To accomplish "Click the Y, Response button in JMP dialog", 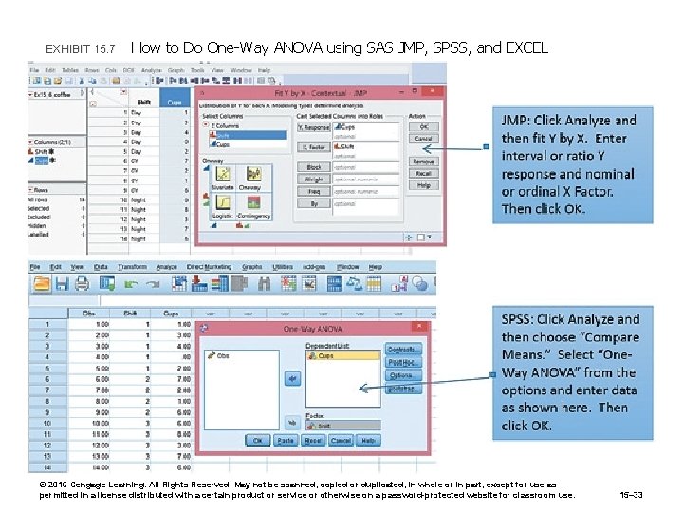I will point(314,126).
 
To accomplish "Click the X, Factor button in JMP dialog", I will point(314,146).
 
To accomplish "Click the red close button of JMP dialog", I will point(435,92).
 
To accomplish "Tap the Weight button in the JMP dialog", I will point(314,179).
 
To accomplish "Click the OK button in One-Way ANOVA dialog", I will point(257,440).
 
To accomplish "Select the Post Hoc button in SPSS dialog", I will point(404,362).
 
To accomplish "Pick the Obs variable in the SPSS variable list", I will point(224,355).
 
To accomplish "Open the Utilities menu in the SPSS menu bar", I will point(283,267).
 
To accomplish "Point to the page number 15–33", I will point(631,493).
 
